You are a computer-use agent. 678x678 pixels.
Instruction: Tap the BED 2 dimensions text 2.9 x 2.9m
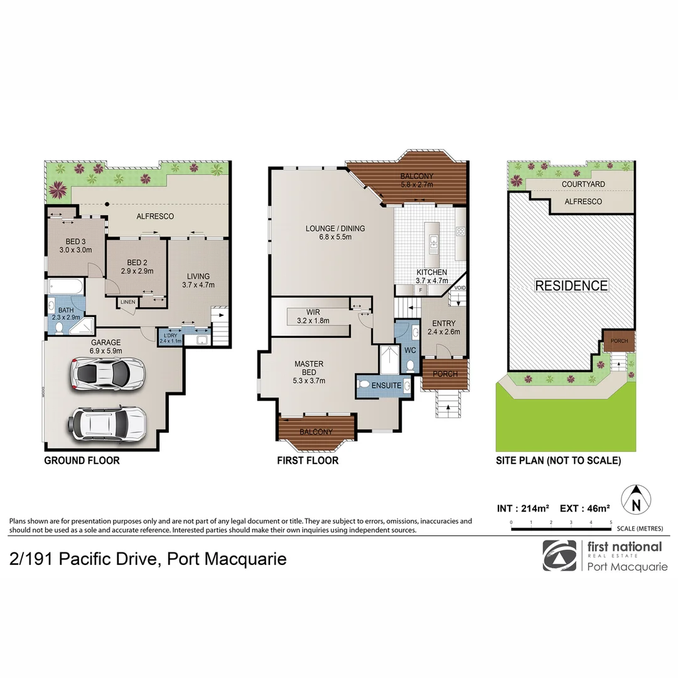click(x=137, y=271)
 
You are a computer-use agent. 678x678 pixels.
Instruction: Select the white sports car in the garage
click(x=109, y=374)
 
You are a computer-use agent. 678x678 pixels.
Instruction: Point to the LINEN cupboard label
click(x=127, y=303)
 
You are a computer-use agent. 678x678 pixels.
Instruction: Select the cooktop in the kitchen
click(x=460, y=231)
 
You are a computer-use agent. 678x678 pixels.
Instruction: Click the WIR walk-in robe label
click(x=314, y=311)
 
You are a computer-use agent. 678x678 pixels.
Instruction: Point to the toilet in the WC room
click(x=410, y=363)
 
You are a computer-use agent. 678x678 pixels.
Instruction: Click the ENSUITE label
click(x=385, y=385)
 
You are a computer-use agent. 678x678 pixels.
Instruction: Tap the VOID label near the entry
click(x=460, y=288)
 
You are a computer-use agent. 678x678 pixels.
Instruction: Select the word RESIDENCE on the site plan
click(x=571, y=286)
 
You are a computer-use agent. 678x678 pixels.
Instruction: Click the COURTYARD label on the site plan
click(x=583, y=184)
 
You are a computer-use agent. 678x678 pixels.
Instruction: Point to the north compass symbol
click(x=637, y=500)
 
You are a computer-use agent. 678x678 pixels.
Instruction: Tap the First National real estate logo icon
click(x=559, y=555)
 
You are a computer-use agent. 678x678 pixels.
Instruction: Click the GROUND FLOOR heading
click(x=82, y=461)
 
